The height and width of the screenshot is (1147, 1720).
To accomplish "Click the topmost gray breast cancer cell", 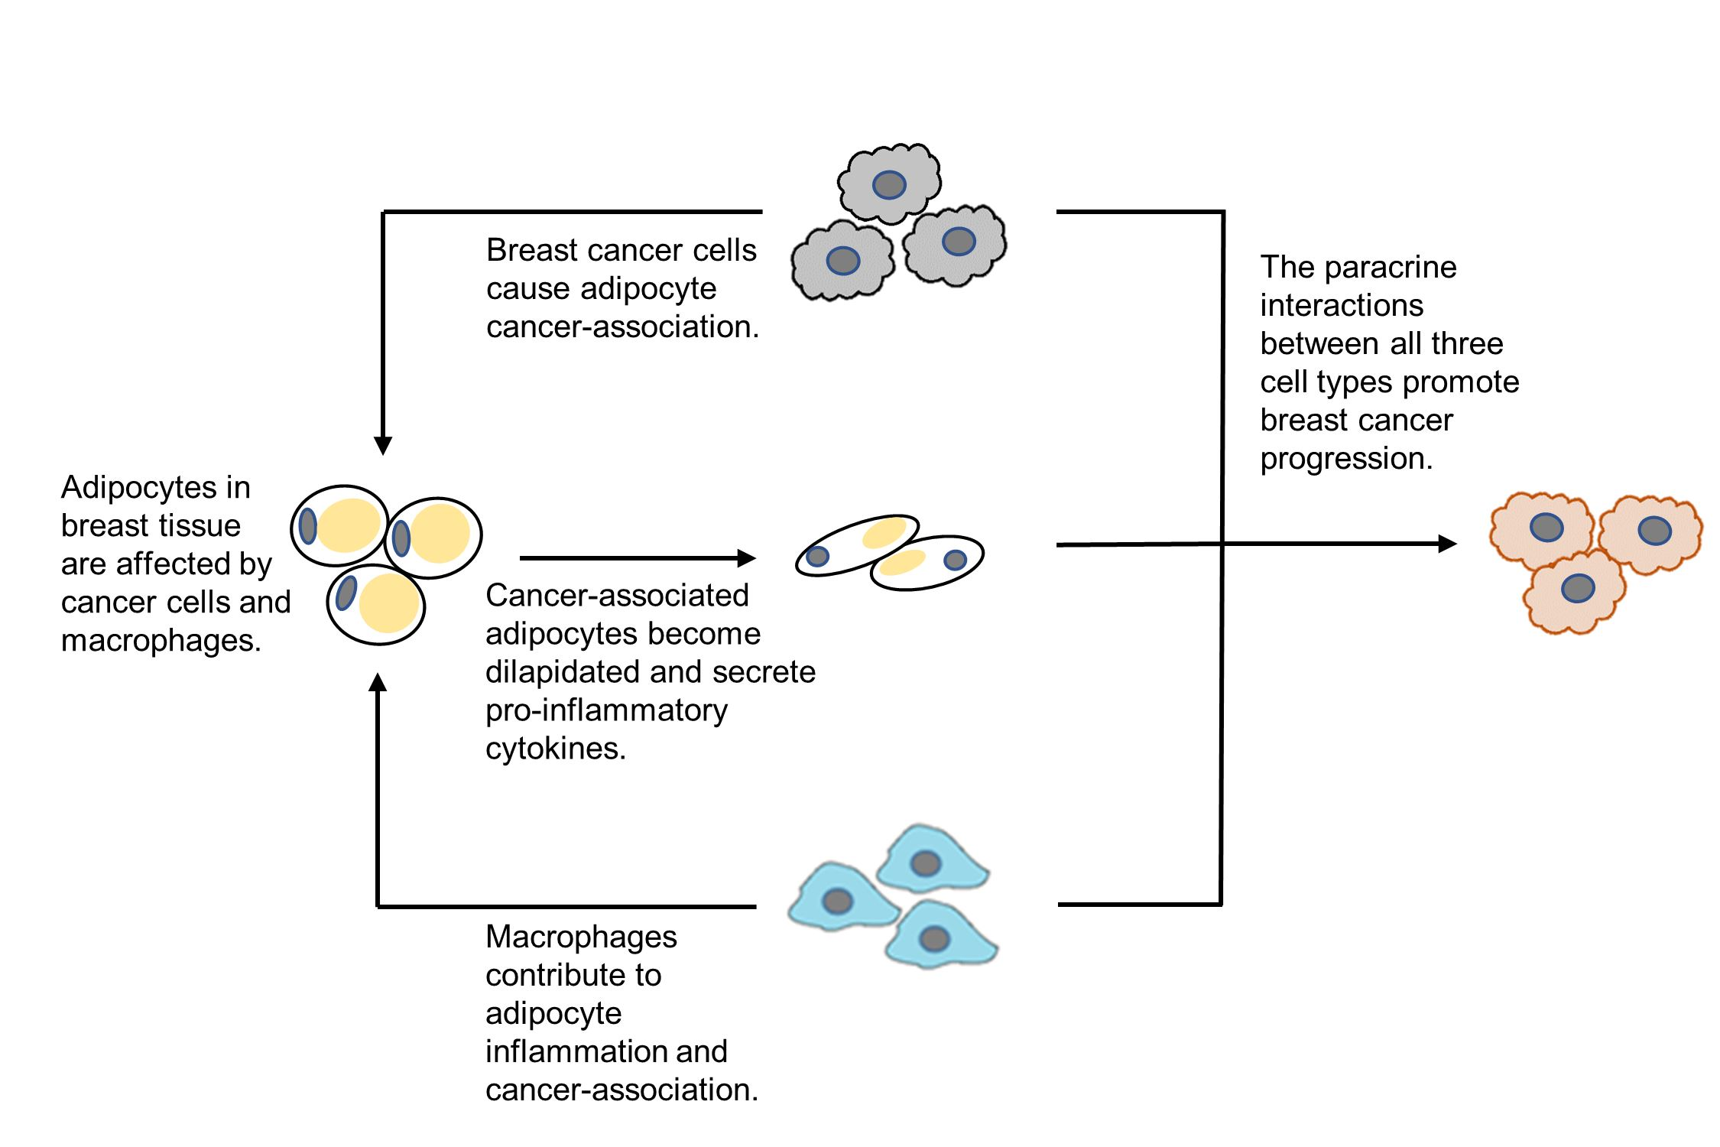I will point(889,184).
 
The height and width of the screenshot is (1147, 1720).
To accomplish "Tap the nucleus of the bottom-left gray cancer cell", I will point(842,261).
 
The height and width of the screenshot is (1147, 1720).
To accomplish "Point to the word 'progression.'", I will point(1346,459).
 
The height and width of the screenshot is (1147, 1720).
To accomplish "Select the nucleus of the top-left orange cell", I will point(1546,527).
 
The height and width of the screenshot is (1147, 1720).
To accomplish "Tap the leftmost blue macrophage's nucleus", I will point(837,901).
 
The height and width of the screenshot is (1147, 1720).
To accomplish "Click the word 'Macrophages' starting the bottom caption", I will point(581,937).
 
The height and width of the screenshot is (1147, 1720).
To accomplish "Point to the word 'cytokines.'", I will point(556,749).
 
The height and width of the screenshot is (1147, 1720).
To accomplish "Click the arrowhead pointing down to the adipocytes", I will point(383,445).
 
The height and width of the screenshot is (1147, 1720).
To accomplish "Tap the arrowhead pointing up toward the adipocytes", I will point(378,683).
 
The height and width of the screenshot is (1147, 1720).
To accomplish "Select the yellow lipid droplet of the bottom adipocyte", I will point(389,603).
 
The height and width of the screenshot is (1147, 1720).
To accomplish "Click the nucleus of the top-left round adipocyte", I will point(307,526).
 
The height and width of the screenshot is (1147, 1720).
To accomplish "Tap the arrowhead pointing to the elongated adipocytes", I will point(746,558).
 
